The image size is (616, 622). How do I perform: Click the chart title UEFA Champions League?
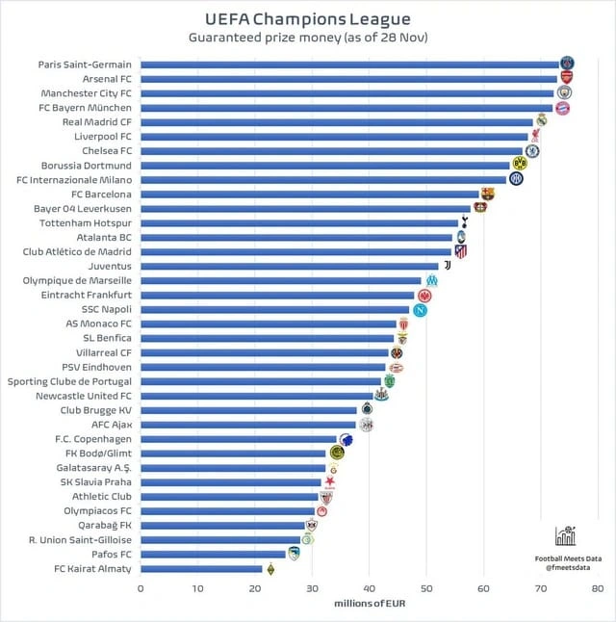pyautogui.click(x=308, y=18)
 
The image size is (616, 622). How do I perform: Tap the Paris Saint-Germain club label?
pyautogui.click(x=85, y=65)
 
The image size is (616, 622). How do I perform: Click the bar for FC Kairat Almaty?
pyautogui.click(x=201, y=569)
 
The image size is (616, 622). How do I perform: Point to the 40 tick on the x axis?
pyautogui.click(x=369, y=587)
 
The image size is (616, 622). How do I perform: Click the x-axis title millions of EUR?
pyautogui.click(x=369, y=605)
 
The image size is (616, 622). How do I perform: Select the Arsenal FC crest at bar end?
pyautogui.click(x=566, y=78)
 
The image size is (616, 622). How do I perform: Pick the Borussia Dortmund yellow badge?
pyautogui.click(x=520, y=164)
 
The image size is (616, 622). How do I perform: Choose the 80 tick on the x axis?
pyautogui.click(x=597, y=587)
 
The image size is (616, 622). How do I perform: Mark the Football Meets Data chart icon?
pyautogui.click(x=565, y=536)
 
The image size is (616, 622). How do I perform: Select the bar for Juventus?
pyautogui.click(x=289, y=266)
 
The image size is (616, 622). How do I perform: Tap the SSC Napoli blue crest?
pyautogui.click(x=420, y=310)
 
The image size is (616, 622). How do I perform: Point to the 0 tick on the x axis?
pyautogui.click(x=141, y=587)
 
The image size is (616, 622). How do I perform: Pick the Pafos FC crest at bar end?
pyautogui.click(x=294, y=554)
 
